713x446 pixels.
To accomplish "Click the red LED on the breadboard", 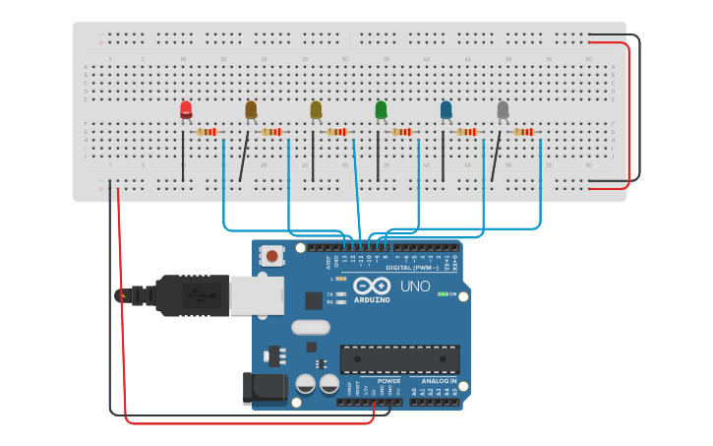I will (186, 109).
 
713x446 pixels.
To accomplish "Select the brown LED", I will (251, 109).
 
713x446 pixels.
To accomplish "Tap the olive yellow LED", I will (316, 109).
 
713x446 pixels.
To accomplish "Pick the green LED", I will (381, 109).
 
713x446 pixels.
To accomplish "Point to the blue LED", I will (446, 109).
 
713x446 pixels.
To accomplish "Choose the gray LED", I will (503, 109).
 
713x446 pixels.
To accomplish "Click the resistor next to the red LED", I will (207, 132).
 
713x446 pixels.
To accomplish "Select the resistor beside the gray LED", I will (523, 132).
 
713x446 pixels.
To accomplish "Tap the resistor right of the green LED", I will (401, 132).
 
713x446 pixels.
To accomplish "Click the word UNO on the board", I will (414, 286).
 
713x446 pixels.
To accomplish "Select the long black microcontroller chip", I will (399, 359).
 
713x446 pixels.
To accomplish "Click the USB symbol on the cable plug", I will (197, 294).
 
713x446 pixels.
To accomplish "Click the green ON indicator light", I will (443, 293).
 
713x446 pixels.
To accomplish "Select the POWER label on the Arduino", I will (389, 380).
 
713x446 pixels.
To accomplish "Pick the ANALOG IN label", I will (440, 380).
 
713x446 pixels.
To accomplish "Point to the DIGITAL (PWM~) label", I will (412, 268).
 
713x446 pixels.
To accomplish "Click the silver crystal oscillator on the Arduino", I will (311, 328).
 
